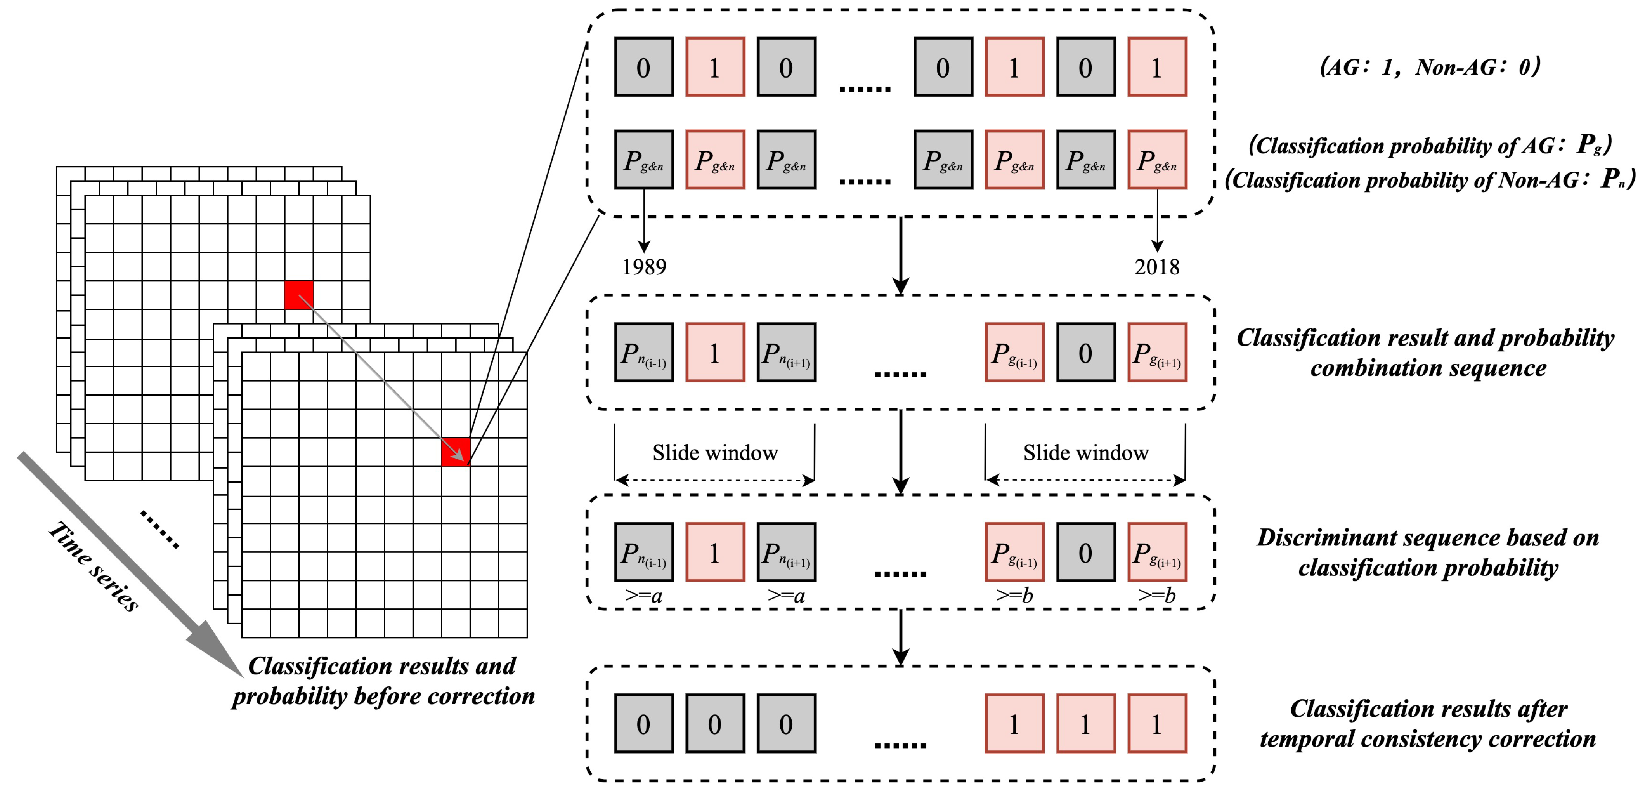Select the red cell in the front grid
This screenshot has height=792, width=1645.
click(455, 452)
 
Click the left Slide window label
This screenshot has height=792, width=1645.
click(714, 453)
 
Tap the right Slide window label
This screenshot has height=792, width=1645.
click(1085, 453)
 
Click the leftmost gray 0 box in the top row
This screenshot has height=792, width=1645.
click(644, 67)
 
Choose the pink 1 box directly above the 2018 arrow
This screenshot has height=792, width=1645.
click(1156, 67)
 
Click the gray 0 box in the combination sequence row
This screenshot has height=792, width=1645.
click(1085, 353)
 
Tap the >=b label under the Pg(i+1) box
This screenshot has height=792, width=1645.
click(1156, 595)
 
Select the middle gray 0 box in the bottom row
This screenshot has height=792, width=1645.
click(714, 724)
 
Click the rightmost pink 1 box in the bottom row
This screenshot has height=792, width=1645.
click(1156, 724)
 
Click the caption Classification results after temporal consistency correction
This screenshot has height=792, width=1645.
click(1428, 724)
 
